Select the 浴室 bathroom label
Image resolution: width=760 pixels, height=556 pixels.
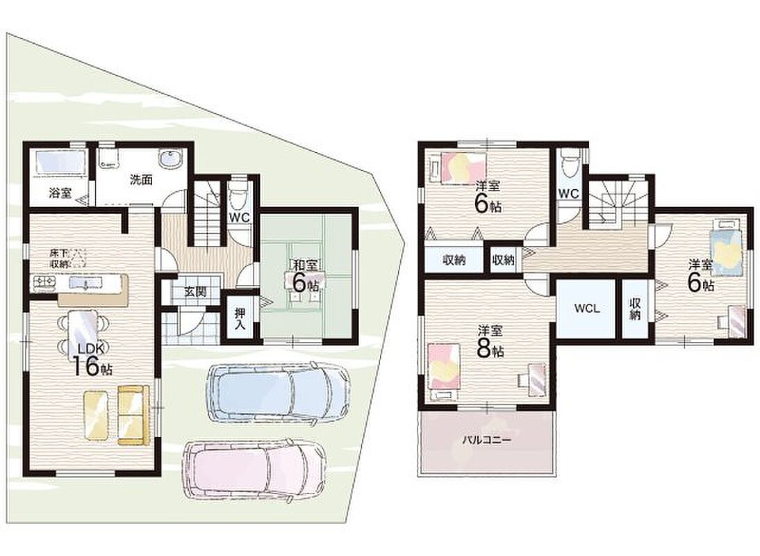point(60,193)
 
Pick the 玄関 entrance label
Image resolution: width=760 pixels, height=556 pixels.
point(196,292)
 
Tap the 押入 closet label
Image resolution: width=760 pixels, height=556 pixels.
point(240,318)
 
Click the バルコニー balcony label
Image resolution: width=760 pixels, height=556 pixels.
point(486,441)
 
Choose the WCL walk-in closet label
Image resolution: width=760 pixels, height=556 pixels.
point(587,308)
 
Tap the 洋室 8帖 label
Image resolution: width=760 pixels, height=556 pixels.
point(490,342)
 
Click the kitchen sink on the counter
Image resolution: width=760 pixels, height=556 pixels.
point(85,282)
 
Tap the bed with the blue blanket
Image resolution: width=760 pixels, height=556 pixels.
point(725,247)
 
